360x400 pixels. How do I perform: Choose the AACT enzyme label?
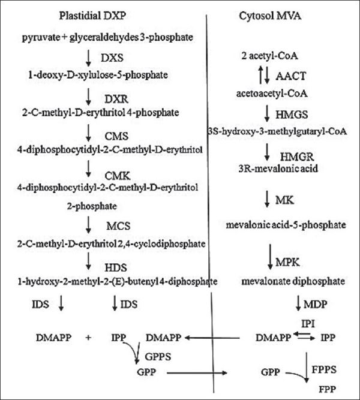point(290,77)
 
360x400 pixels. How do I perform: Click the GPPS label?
point(157,356)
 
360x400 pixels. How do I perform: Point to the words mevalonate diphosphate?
point(285,281)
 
